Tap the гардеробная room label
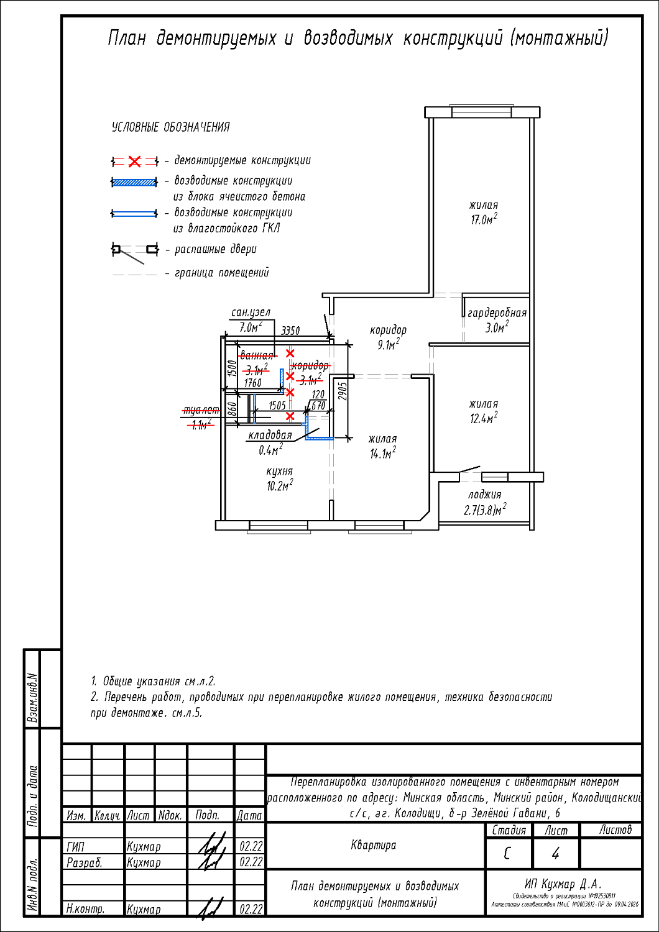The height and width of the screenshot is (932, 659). point(497,313)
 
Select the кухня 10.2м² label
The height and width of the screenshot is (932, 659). point(280,478)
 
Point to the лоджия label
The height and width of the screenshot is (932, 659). point(484,495)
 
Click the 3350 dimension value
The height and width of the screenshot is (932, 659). point(290,331)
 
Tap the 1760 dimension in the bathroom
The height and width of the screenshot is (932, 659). point(253,383)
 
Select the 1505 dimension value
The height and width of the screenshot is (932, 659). point(277,406)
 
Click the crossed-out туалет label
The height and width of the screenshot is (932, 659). point(200,411)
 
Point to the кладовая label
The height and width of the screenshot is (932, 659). point(270,436)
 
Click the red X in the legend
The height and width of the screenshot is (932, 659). point(134,162)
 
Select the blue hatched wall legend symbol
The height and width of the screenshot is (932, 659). point(134,183)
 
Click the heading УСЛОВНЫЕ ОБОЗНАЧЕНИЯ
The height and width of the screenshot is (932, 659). point(170,127)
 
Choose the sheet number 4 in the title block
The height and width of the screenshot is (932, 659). point(555,854)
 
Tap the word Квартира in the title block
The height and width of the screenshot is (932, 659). point(373,845)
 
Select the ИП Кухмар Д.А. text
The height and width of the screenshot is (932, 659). point(563,884)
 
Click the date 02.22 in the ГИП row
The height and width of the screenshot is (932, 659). point(251,846)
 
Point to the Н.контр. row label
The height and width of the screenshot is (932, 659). point(85,909)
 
